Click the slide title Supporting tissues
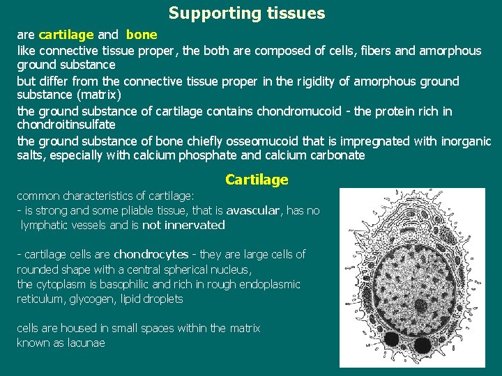pyautogui.click(x=247, y=13)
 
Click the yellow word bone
pyautogui.click(x=142, y=34)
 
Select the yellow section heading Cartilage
pyautogui.click(x=257, y=180)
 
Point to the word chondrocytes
pyautogui.click(x=151, y=254)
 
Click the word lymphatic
pyautogui.click(x=47, y=225)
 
